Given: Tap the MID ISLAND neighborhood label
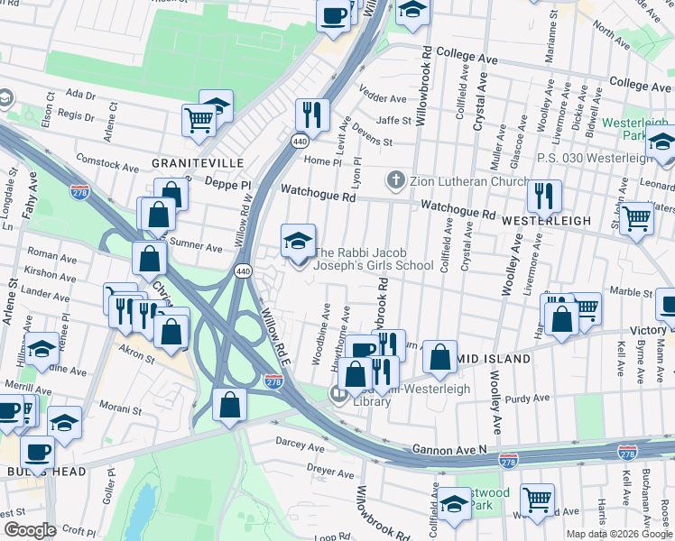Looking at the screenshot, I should [x=495, y=359].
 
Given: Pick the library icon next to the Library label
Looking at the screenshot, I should [x=340, y=393].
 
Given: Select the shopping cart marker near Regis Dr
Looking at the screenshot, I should [x=199, y=119].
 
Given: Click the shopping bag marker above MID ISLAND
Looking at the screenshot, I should [x=439, y=357].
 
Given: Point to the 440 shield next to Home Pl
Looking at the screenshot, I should [x=298, y=141].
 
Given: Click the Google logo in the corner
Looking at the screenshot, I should [x=30, y=530].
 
